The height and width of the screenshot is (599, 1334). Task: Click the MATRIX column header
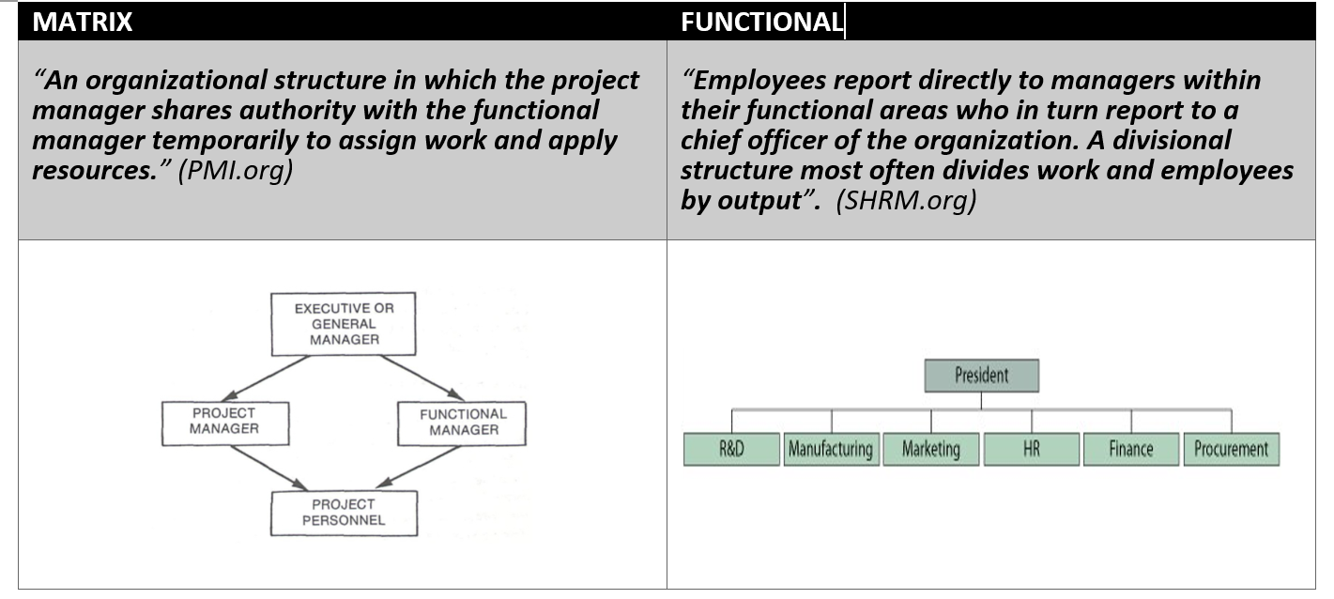click(x=83, y=23)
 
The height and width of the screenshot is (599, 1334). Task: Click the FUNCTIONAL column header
click(x=760, y=23)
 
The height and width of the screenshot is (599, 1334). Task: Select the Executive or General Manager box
click(x=345, y=324)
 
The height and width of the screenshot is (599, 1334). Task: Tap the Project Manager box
click(x=223, y=421)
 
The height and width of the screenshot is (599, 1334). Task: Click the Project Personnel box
click(x=344, y=512)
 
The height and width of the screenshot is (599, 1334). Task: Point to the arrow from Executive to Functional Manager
click(x=421, y=377)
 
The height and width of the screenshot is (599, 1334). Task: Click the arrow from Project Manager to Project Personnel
click(x=268, y=467)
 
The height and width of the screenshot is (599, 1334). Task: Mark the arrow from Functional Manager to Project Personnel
click(x=421, y=467)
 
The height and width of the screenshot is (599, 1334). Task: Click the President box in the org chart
click(x=981, y=376)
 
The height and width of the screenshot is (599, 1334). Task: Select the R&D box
click(x=731, y=449)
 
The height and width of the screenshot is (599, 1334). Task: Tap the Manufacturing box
click(x=831, y=449)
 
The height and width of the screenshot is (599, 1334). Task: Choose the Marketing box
click(x=930, y=449)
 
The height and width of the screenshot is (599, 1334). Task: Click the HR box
click(x=1031, y=449)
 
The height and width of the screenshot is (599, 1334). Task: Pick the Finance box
click(x=1130, y=449)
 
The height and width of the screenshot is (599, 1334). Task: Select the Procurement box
click(x=1231, y=449)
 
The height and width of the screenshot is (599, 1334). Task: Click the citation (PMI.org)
click(x=236, y=173)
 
